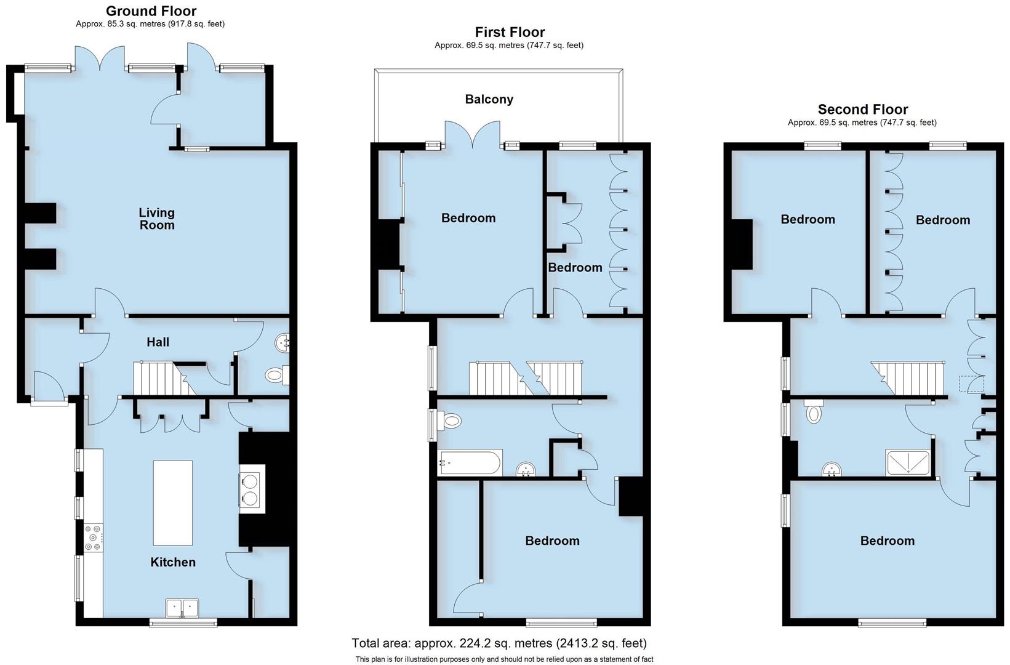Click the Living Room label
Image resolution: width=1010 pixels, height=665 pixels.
pos(156,219)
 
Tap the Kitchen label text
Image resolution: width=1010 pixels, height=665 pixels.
pos(173,562)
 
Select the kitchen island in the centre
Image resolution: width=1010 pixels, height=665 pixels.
pos(172,502)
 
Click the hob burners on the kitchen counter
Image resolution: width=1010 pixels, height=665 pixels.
pos(94,538)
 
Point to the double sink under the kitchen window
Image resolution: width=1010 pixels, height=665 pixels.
pos(182,608)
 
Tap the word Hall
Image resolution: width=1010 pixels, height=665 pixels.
pos(158,342)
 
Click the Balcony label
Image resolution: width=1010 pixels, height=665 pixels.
pos(489,99)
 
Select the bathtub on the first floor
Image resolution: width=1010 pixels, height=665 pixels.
pos(470,462)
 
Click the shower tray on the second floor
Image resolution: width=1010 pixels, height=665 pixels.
pos(908,464)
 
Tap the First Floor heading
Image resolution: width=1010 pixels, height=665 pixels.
pos(510,32)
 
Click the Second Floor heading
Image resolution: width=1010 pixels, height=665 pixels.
pos(862,110)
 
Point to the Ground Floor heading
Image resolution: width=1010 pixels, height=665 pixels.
pos(151,11)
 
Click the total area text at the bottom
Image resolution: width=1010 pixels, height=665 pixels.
pos(499,643)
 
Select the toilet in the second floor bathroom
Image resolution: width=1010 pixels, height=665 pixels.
pos(814,411)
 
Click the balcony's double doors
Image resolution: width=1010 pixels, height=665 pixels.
pos(473,135)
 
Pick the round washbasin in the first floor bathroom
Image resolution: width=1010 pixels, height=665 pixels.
pos(526,470)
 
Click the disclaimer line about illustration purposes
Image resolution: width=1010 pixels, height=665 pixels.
pos(503,659)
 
